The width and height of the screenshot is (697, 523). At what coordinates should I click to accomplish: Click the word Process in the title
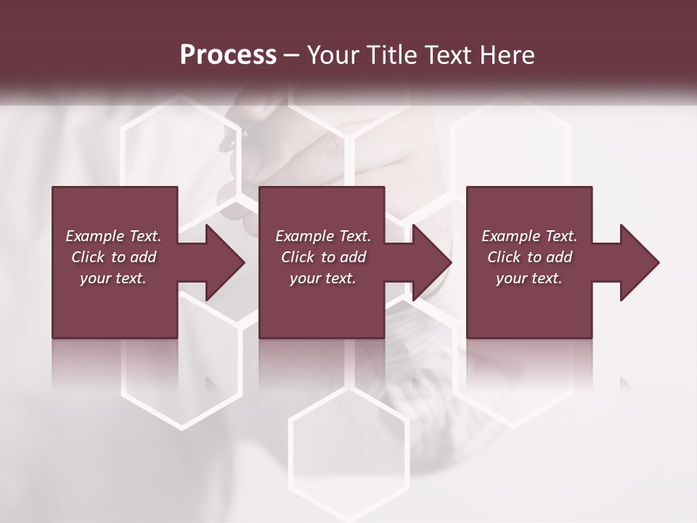point(228,54)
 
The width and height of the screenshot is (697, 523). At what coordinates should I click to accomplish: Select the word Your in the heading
point(331,54)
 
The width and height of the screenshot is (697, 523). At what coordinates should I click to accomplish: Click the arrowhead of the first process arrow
point(225,262)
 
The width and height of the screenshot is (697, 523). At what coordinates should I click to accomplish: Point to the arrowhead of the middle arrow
point(433,262)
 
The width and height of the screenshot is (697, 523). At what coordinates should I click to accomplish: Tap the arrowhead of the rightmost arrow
point(640,262)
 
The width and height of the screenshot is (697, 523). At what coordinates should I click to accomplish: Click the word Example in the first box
point(94,236)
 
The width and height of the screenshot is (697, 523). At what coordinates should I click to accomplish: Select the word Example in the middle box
point(304,236)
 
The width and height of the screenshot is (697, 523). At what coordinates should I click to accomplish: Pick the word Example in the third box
point(510,236)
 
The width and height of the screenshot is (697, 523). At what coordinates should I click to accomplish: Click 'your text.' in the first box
point(113,278)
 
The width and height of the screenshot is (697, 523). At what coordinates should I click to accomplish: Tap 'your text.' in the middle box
point(322,278)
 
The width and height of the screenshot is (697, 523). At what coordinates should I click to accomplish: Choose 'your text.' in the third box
point(529,278)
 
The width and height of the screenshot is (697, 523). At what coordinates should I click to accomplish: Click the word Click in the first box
point(88,257)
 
